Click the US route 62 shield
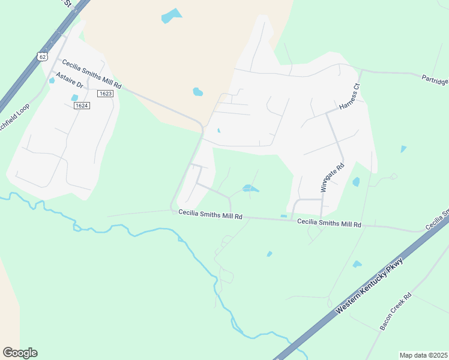click(x=41, y=56)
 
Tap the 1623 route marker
click(x=105, y=94)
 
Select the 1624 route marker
click(x=82, y=106)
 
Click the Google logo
click(x=20, y=353)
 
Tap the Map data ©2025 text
click(x=423, y=355)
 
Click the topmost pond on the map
click(x=172, y=16)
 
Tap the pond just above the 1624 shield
click(x=74, y=97)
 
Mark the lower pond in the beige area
click(x=197, y=92)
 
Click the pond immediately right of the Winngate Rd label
click(x=356, y=181)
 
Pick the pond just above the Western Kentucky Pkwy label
click(x=357, y=264)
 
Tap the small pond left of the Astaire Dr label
click(x=52, y=80)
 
